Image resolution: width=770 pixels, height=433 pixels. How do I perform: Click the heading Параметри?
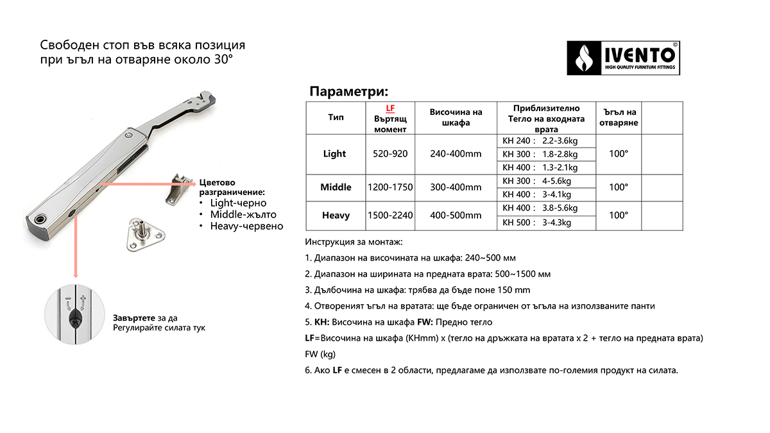(x=349, y=91)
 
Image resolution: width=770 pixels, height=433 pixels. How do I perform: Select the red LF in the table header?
(x=389, y=108)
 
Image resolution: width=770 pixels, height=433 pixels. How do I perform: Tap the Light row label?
(x=334, y=154)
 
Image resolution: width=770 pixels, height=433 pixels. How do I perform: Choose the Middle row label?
(x=336, y=187)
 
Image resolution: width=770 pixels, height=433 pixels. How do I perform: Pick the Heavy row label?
(x=336, y=216)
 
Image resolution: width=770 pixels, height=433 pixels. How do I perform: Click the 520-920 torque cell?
(x=390, y=154)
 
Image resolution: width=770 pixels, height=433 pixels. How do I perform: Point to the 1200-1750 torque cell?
(x=390, y=187)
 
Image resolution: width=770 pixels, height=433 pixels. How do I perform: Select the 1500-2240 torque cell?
(x=390, y=216)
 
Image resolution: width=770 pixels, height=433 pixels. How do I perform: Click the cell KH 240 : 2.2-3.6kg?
(x=545, y=141)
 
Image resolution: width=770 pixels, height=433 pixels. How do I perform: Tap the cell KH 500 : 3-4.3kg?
(x=545, y=223)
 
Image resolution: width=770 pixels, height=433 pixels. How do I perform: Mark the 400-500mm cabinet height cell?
(x=456, y=216)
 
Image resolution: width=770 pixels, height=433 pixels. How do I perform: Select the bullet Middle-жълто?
(x=243, y=214)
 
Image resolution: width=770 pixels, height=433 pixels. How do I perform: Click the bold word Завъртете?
(x=134, y=318)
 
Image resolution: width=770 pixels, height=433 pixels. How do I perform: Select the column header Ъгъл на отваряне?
(x=618, y=118)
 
